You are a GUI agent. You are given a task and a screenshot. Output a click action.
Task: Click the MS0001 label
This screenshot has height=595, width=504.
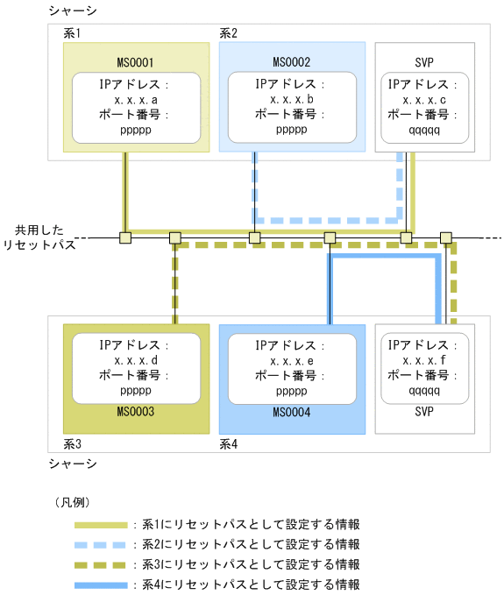click(136, 62)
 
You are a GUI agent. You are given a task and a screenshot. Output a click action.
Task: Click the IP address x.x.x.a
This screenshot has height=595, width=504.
click(136, 100)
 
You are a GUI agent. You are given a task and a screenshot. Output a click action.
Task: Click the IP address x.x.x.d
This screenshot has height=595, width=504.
click(136, 361)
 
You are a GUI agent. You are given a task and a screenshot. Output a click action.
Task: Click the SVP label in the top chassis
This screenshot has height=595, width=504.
click(424, 62)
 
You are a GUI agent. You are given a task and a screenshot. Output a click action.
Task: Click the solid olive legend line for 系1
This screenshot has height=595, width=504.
click(100, 525)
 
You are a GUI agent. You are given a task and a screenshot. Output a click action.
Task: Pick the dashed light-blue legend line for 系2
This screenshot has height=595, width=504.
click(100, 544)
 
